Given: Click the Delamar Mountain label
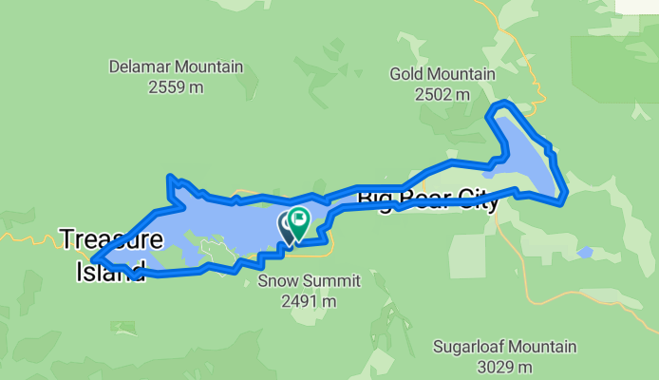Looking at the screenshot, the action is tap(176, 67).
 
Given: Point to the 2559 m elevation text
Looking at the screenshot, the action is tap(176, 87).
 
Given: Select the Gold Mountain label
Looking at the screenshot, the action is tap(442, 74).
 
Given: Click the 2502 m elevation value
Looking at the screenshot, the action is tap(442, 94).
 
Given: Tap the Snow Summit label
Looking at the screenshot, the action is tap(296, 281).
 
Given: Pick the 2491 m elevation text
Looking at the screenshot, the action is tap(296, 301).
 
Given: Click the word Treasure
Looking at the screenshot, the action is tap(112, 238).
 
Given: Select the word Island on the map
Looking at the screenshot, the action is tap(110, 270).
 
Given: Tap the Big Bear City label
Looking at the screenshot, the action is tap(427, 199).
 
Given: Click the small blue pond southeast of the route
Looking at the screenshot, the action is tap(585, 253).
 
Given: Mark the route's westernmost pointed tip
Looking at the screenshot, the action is tap(93, 258).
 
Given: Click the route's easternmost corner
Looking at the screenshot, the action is tap(566, 195).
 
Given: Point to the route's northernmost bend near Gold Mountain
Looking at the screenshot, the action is tap(503, 102).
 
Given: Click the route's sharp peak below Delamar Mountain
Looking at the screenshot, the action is tap(169, 177).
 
